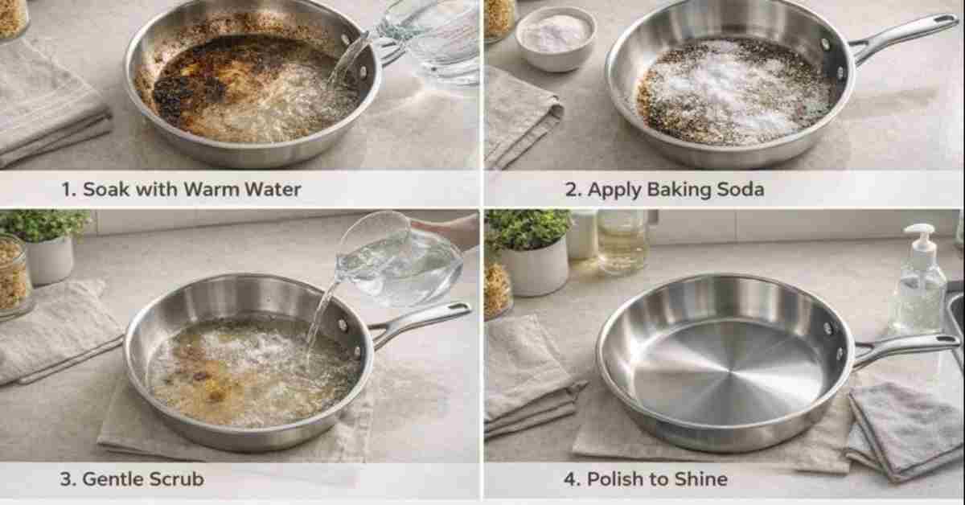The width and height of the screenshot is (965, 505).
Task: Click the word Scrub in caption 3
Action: tap(175, 479)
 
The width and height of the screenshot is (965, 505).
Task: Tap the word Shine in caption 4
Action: tap(700, 479)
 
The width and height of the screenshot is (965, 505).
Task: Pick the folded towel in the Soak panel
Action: tap(48, 105)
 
